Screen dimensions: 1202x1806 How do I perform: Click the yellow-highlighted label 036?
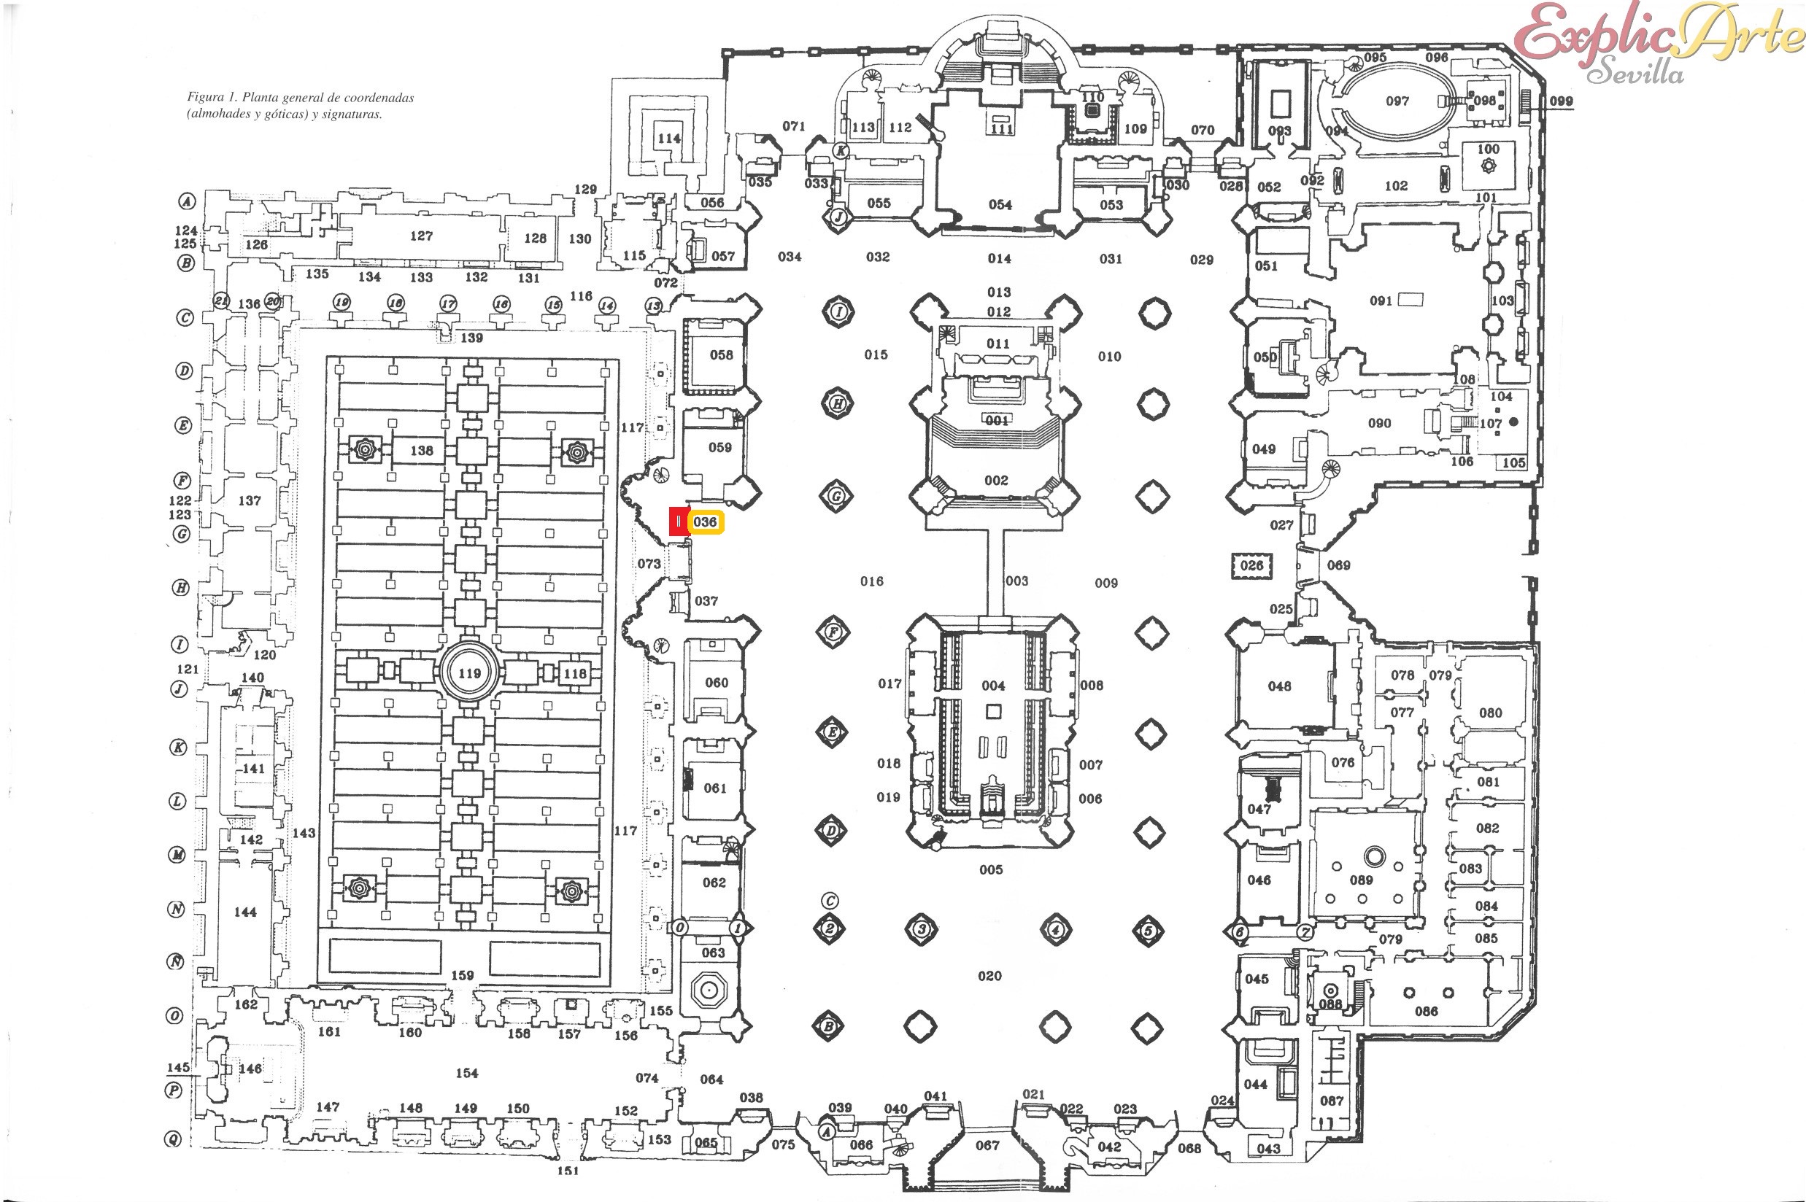tap(705, 522)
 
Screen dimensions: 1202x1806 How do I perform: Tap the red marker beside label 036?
tap(679, 522)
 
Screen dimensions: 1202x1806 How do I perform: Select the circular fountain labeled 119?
tap(469, 674)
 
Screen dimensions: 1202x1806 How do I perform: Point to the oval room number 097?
tap(1397, 101)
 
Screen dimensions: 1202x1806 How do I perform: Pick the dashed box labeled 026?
tap(1251, 566)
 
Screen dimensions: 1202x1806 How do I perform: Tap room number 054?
tap(1000, 205)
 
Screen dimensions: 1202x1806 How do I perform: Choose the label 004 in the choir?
tap(993, 686)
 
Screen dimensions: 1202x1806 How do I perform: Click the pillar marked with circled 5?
tap(1148, 931)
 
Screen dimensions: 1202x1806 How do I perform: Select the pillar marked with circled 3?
tap(921, 930)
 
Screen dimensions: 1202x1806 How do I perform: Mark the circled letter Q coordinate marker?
tap(174, 1140)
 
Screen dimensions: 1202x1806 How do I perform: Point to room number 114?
tap(668, 139)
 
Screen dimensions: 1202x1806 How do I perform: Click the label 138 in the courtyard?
tap(422, 451)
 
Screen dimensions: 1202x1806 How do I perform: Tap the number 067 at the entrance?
tap(988, 1145)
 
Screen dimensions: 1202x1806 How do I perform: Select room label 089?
tap(1361, 880)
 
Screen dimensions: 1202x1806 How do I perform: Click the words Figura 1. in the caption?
tap(212, 97)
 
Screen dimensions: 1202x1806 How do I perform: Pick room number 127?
tap(421, 236)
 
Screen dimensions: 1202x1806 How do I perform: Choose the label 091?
tap(1381, 301)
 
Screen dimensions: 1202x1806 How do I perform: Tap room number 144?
tap(245, 912)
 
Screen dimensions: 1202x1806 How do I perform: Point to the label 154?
tap(467, 1073)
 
